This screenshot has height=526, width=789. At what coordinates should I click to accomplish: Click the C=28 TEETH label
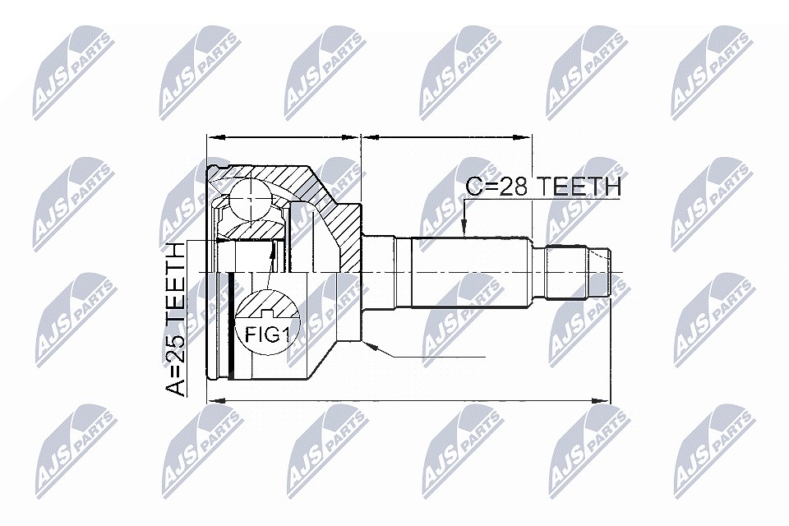[543, 187]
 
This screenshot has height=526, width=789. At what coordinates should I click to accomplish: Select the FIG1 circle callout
[268, 323]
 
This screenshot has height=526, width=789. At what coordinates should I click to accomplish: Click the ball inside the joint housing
[250, 199]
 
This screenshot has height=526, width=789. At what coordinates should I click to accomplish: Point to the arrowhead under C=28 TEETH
[464, 229]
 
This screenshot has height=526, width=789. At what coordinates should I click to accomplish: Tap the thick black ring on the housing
[231, 325]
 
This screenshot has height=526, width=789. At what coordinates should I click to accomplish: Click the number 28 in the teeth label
[514, 187]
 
